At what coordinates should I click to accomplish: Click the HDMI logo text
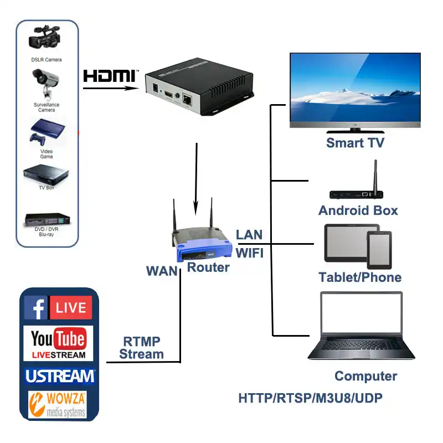pyautogui.click(x=110, y=76)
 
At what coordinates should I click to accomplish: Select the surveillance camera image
pyautogui.click(x=45, y=82)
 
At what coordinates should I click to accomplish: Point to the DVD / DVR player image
pyautogui.click(x=47, y=221)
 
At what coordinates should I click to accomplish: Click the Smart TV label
pyautogui.click(x=355, y=143)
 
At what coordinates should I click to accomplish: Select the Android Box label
pyautogui.click(x=358, y=210)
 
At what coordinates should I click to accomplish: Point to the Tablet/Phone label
pyautogui.click(x=360, y=277)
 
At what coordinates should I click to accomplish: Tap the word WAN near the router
pyautogui.click(x=162, y=271)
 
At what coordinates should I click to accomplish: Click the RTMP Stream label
pyautogui.click(x=142, y=348)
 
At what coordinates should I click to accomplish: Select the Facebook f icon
pyautogui.click(x=35, y=307)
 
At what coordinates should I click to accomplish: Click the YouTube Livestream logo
pyautogui.click(x=58, y=343)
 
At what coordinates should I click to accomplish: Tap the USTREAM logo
pyautogui.click(x=60, y=377)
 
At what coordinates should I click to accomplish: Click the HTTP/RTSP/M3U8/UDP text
pyautogui.click(x=310, y=398)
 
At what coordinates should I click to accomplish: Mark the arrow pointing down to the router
pyautogui.click(x=196, y=177)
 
